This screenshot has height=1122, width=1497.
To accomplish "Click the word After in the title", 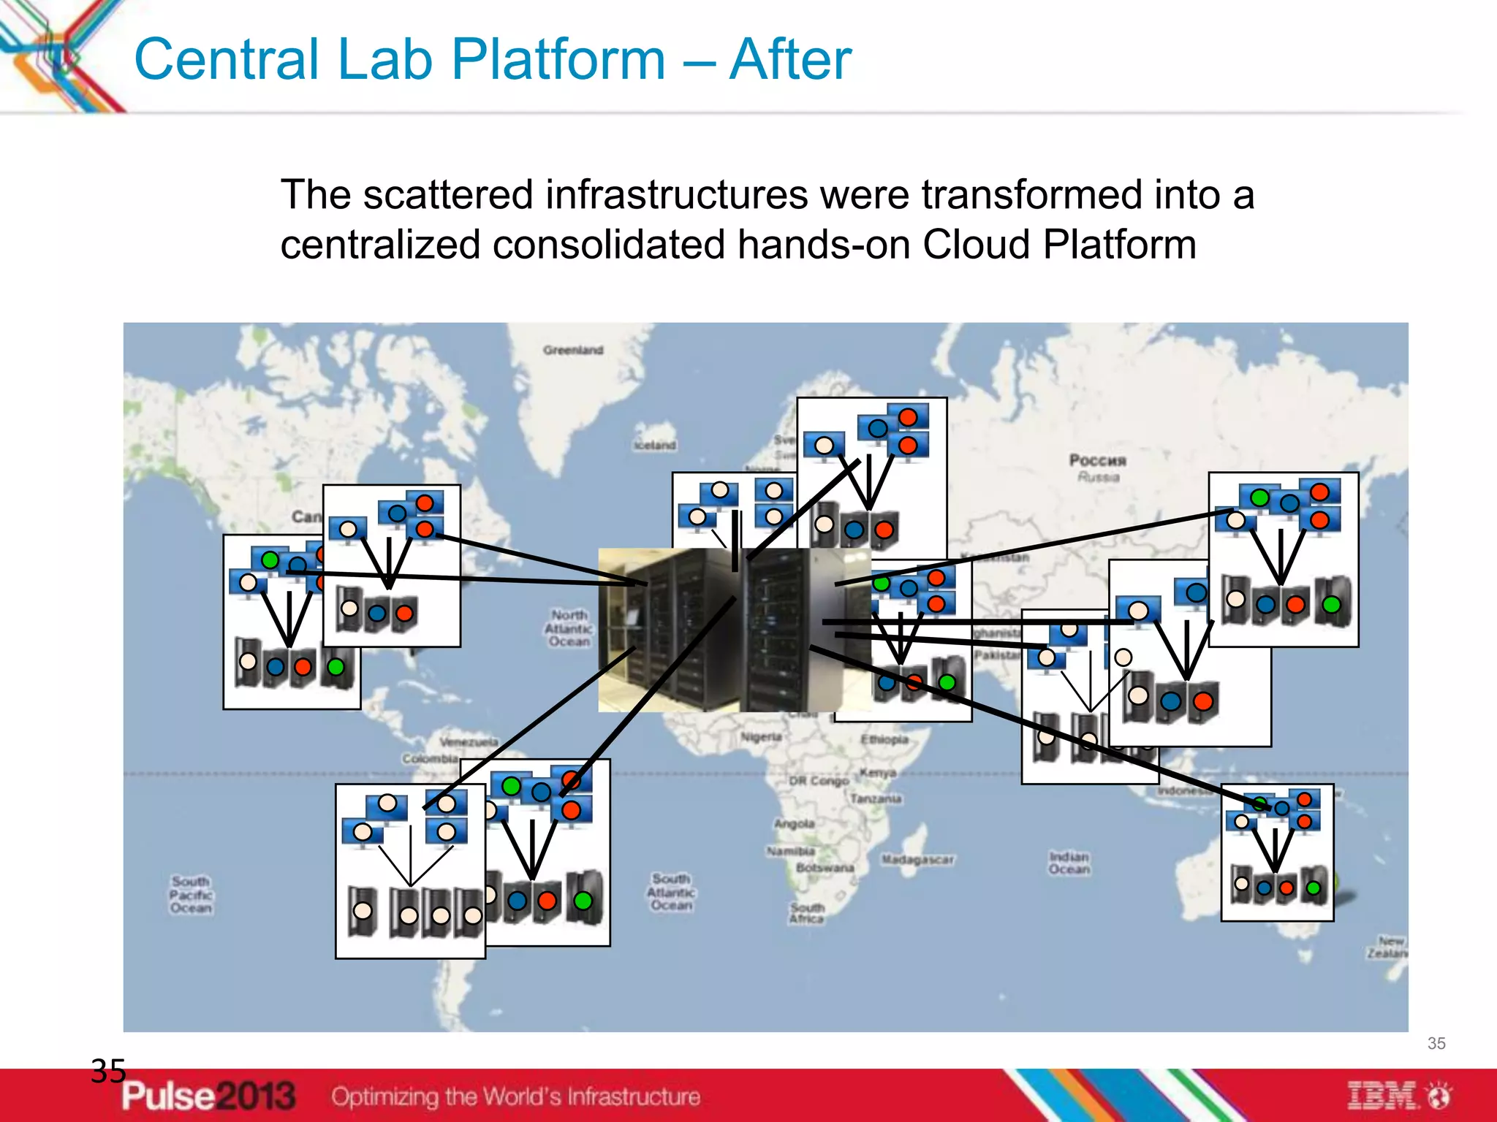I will [790, 60].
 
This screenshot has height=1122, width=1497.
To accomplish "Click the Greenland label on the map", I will [572, 351].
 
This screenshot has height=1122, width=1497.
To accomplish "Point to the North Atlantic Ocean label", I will [569, 628].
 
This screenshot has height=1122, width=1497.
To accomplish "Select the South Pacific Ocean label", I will [191, 895].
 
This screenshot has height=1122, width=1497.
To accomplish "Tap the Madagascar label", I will [917, 860].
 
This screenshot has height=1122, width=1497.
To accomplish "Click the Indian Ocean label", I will [1069, 863].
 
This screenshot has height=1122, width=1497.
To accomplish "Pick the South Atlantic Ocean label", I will [671, 892].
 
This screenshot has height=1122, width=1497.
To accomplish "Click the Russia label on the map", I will [1098, 468].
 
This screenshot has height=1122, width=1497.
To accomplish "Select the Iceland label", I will [655, 446].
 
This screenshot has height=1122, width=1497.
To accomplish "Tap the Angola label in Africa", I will [795, 824].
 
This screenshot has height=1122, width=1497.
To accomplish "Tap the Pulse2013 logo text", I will [208, 1096].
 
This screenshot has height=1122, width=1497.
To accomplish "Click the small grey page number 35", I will [1436, 1044].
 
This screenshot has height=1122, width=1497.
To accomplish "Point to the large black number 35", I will [108, 1072].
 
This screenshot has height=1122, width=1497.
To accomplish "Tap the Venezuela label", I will [468, 742].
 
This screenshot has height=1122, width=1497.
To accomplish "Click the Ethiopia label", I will [884, 740].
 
